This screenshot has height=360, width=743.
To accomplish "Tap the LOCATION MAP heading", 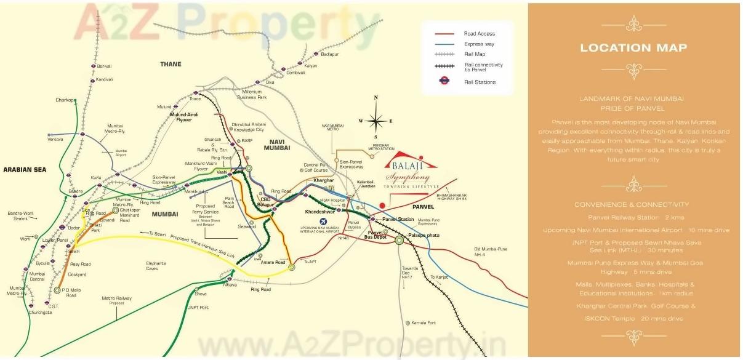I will [633, 48].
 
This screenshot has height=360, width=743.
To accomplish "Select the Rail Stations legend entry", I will [480, 82].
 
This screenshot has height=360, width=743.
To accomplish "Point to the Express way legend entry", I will [479, 44].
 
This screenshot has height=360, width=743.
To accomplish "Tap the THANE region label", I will [171, 64].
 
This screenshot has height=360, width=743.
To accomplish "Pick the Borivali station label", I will [104, 66].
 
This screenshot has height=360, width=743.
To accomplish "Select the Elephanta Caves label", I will [156, 266].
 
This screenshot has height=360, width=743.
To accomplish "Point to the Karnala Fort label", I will [424, 322].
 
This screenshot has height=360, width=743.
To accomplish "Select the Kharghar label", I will [323, 180].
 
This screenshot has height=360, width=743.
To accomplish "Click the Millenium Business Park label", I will [252, 94].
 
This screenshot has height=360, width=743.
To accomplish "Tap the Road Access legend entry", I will [479, 34].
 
